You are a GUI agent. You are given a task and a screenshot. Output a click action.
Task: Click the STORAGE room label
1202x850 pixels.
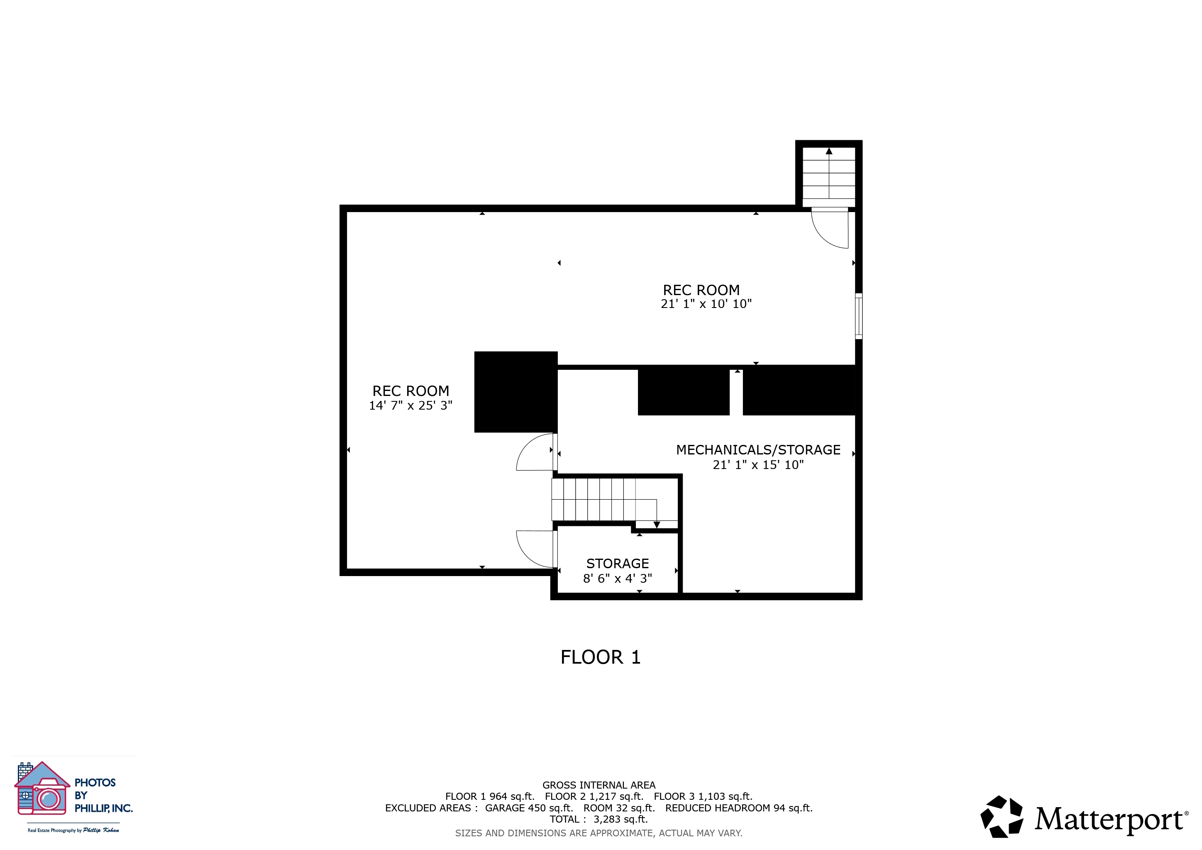pos(617,564)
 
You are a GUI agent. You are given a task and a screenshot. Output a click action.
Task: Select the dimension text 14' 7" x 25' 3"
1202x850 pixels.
pos(410,405)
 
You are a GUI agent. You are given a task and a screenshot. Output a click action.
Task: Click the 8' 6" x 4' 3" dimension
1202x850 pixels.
pos(617,578)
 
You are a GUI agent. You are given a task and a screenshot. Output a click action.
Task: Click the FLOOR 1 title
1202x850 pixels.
pos(601,657)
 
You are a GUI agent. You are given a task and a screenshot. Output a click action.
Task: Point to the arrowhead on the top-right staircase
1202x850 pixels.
pos(829,151)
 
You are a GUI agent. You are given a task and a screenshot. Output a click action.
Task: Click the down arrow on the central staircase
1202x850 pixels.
pos(657,525)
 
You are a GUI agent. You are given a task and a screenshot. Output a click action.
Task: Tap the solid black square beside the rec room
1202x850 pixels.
pos(515,392)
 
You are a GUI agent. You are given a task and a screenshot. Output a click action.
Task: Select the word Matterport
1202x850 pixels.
pos(1109,819)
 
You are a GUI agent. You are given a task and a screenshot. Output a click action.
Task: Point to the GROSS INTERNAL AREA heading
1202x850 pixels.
pos(599,785)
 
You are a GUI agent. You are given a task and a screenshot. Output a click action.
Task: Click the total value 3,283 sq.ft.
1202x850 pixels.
pos(621,819)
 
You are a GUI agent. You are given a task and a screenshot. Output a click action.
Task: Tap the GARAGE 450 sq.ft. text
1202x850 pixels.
pos(529,808)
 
